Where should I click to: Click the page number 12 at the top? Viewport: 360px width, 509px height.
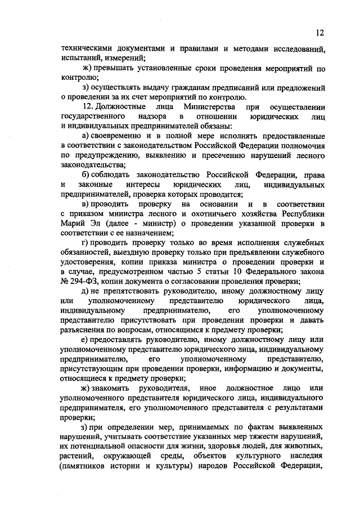[320, 31]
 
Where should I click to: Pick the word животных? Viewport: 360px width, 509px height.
[304, 447]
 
